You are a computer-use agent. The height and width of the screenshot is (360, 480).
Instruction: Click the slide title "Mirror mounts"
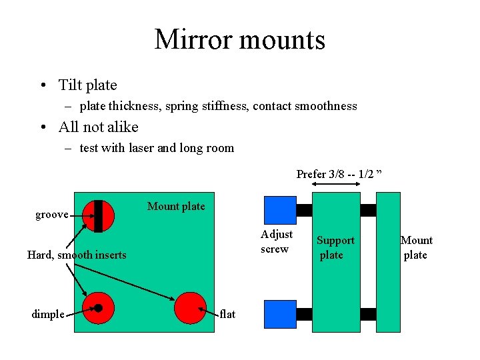pos(240,39)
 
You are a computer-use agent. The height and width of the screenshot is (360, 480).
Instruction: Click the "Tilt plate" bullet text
pos(87,85)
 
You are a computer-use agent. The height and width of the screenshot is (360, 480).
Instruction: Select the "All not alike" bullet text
pos(98,127)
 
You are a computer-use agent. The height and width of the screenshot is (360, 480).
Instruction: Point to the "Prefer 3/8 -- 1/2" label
pos(339,174)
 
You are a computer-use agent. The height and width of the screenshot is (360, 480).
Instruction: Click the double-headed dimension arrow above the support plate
pos(337,185)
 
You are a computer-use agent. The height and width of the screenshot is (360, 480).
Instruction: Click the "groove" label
pos(52,214)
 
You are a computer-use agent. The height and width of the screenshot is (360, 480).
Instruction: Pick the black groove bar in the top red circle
pos(98,216)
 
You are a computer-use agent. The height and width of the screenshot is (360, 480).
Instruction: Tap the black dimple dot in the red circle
pos(98,308)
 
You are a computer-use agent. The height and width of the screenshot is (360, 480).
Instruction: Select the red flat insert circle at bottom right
pos(190,308)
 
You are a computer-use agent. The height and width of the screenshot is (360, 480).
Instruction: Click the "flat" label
pos(227,314)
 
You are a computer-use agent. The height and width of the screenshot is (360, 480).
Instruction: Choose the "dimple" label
pos(48,314)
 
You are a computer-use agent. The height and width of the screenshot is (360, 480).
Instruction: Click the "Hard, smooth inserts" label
pos(77,255)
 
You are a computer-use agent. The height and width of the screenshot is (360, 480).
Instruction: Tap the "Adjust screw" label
pos(277,241)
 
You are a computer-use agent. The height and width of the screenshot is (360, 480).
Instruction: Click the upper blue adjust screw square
pos(280,210)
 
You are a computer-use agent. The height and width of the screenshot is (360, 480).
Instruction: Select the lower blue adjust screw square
pos(280,314)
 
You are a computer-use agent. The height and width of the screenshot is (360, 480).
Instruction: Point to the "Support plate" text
pos(335,247)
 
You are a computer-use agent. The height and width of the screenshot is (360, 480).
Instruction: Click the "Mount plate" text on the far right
pos(416,247)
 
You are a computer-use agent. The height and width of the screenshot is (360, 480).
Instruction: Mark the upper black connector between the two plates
pos(368,210)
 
